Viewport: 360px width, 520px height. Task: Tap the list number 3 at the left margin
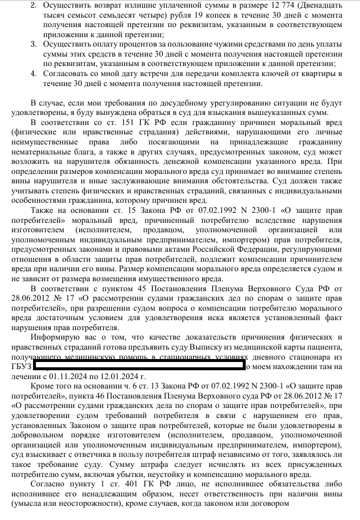33,44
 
